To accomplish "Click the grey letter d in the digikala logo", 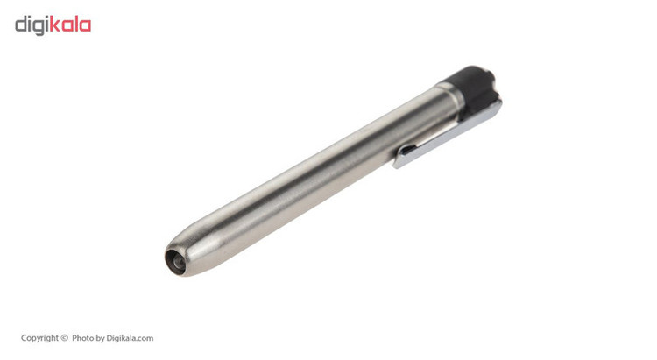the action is tap(20, 25).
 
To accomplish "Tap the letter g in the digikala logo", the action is tap(39, 27).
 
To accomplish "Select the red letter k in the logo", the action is tap(55, 25).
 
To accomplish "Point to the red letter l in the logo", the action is tap(75, 25).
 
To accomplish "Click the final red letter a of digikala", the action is tap(85, 26).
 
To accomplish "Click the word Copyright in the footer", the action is tap(39, 338).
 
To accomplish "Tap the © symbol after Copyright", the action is tap(64, 338).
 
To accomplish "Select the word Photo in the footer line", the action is tap(82, 338).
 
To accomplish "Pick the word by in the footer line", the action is tap(100, 339).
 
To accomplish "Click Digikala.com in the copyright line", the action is tap(130, 338).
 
